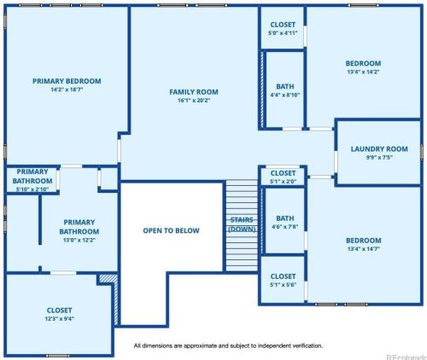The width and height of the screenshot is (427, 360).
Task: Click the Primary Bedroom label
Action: click(67, 81)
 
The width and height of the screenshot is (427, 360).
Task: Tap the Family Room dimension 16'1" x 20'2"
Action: click(194, 101)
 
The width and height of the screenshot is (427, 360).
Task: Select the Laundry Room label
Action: click(379, 149)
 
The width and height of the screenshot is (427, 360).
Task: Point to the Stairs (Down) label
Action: click(242, 224)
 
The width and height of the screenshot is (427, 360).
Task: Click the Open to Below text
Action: click(171, 230)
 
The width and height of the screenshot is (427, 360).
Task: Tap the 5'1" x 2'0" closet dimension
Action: click(283, 182)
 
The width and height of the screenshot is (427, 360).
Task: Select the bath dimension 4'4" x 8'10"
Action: click(285, 95)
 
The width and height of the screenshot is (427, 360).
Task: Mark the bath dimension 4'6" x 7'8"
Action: click(285, 227)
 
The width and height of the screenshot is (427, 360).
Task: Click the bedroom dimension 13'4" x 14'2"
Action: click(363, 72)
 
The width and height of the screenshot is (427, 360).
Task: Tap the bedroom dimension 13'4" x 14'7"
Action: click(363, 249)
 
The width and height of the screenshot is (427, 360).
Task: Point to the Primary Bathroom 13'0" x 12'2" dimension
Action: click(79, 240)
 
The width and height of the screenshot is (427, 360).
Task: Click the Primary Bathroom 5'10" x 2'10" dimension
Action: click(32, 189)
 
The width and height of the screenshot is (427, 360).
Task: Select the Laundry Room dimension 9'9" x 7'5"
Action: click(379, 158)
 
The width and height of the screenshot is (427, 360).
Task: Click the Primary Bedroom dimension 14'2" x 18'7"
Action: click(67, 90)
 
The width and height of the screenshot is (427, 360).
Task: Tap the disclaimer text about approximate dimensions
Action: click(228, 346)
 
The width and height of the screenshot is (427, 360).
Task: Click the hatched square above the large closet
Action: click(108, 278)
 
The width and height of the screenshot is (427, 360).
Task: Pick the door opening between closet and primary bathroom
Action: click(63, 273)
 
